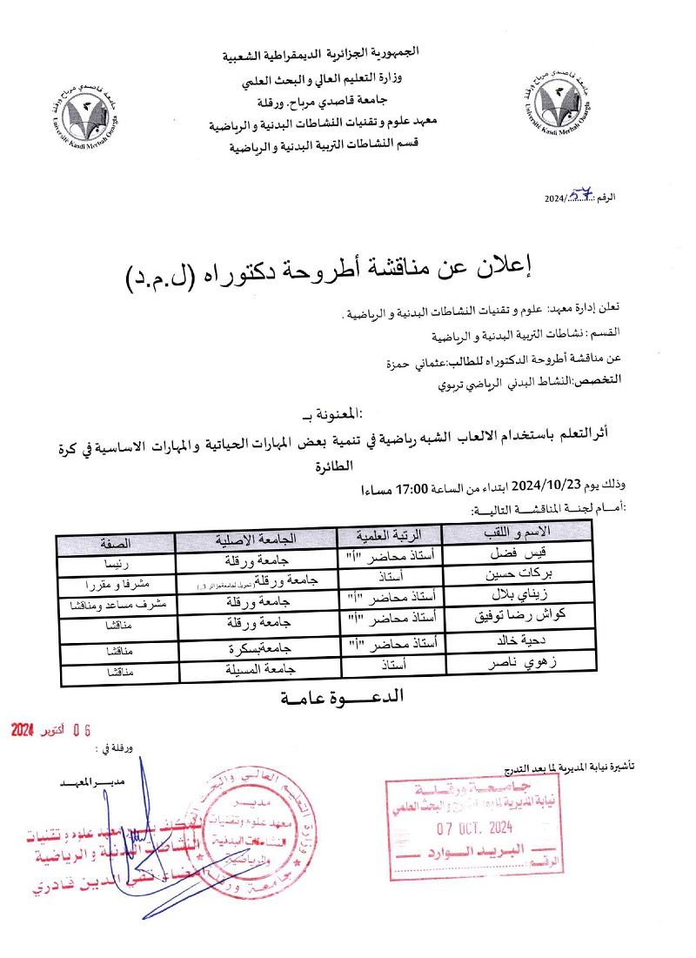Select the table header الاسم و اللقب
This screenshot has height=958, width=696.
[x=517, y=533]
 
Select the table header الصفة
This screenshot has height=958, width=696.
[x=116, y=543]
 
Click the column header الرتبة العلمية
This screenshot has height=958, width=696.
[x=388, y=535]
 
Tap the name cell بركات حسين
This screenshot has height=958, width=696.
[x=517, y=575]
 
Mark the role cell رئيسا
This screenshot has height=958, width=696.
[x=116, y=563]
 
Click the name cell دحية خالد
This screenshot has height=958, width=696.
[x=517, y=644]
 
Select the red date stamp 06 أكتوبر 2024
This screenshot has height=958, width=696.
[x=51, y=731]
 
